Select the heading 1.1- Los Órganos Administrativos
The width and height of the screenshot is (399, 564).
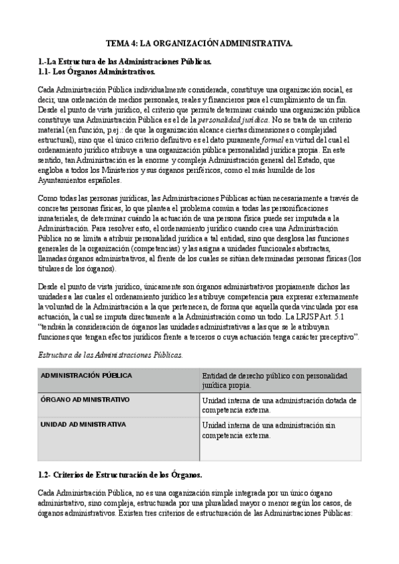97,70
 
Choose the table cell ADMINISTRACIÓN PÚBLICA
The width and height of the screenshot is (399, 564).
86,376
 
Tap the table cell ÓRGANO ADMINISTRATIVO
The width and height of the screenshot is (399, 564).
85,400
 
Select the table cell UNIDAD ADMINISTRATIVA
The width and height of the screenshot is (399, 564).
83,424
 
